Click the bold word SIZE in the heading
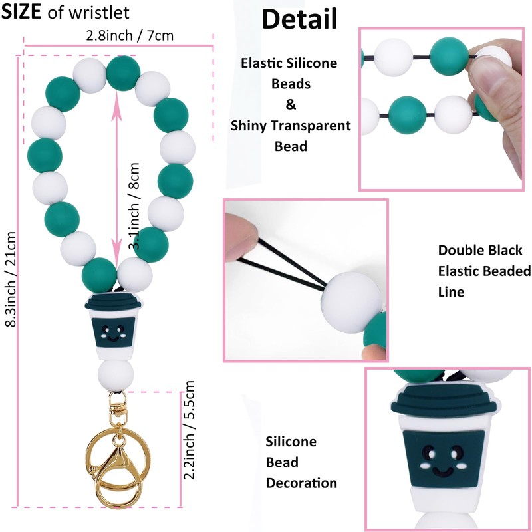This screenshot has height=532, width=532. pyautogui.click(x=25, y=13)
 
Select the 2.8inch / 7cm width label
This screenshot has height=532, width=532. pyautogui.click(x=130, y=35)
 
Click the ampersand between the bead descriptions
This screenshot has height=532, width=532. pyautogui.click(x=291, y=104)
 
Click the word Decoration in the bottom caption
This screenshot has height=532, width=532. pyautogui.click(x=301, y=483)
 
